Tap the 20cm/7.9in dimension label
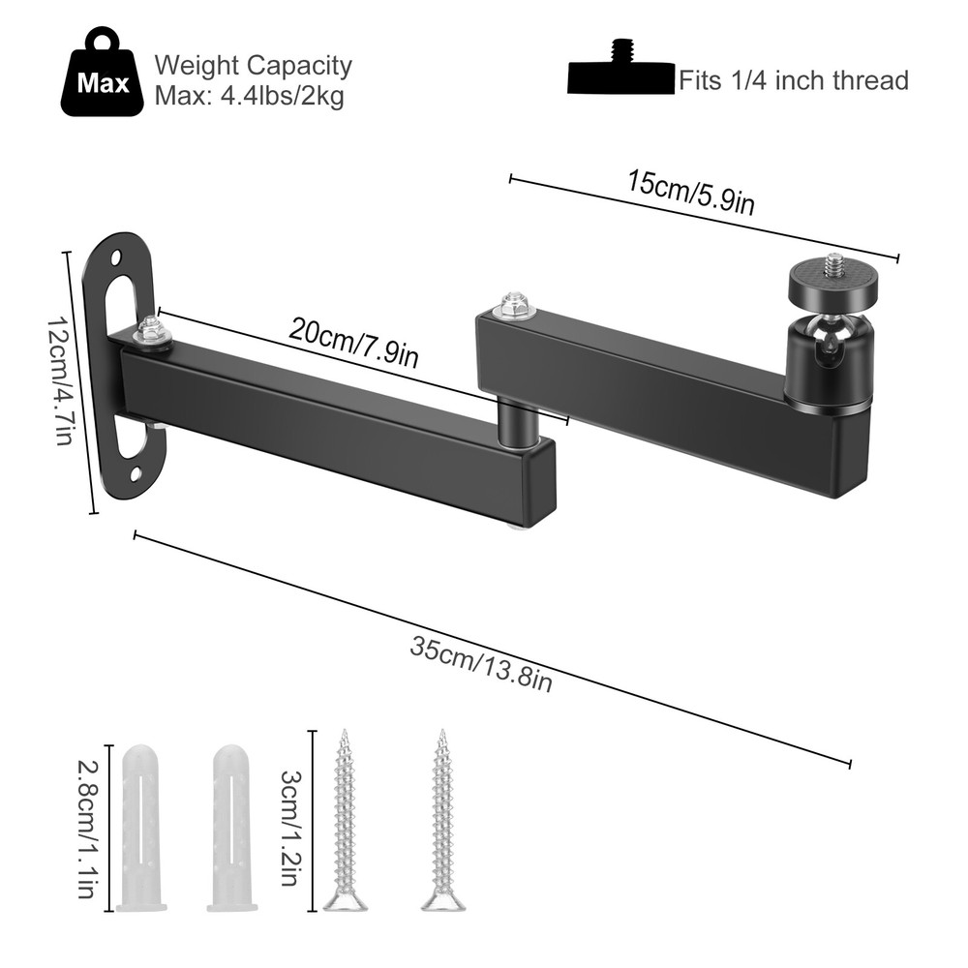pyautogui.click(x=353, y=343)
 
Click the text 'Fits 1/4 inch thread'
pyautogui.click(x=793, y=79)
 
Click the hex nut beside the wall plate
pyautogui.click(x=152, y=331)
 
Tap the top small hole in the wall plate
pyautogui.click(x=115, y=259)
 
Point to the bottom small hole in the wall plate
pyautogui.click(x=136, y=474)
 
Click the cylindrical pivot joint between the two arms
pyautogui.click(x=521, y=422)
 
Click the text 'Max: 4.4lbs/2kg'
pyautogui.click(x=250, y=97)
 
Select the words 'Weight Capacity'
pyautogui.click(x=254, y=66)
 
